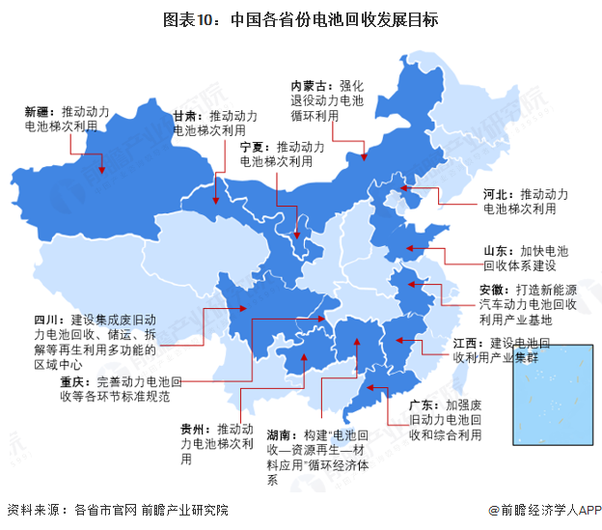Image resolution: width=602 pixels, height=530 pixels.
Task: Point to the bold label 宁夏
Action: point(252,147)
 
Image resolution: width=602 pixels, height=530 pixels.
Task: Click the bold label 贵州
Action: point(193,429)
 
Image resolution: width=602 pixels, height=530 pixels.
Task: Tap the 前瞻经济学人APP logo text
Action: point(547,510)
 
